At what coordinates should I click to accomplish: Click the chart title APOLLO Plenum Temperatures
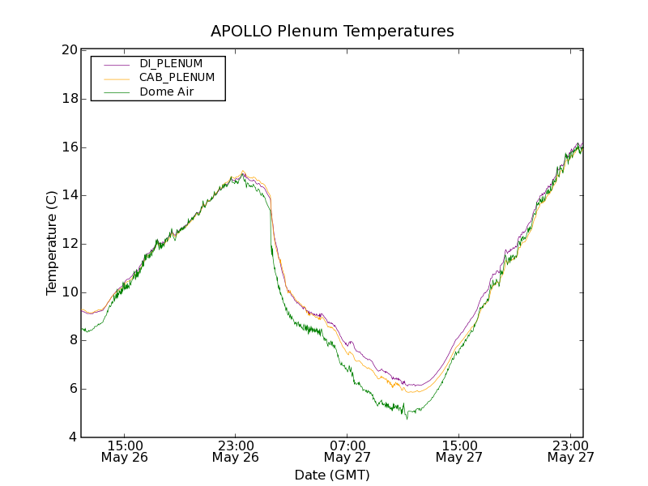click(332, 32)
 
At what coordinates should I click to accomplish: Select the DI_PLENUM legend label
click(171, 63)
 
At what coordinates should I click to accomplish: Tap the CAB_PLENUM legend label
click(177, 78)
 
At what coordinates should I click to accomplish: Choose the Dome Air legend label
click(166, 92)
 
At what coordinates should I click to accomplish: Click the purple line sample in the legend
click(117, 64)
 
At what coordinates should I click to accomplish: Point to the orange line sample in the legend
click(117, 79)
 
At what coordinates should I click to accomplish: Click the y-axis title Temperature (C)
click(52, 243)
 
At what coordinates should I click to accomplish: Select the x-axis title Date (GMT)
click(332, 475)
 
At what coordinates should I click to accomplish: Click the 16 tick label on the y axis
click(69, 147)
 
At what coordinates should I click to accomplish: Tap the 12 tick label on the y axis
click(69, 244)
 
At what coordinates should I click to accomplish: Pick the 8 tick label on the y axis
click(72, 340)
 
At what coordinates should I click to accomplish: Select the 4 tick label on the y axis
click(72, 437)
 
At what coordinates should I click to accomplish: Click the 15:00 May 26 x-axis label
click(125, 451)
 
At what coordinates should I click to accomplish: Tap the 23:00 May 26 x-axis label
click(236, 451)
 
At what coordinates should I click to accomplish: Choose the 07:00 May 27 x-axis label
click(347, 451)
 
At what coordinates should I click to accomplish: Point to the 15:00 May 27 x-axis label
click(458, 451)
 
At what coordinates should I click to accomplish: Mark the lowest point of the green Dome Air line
click(407, 418)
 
